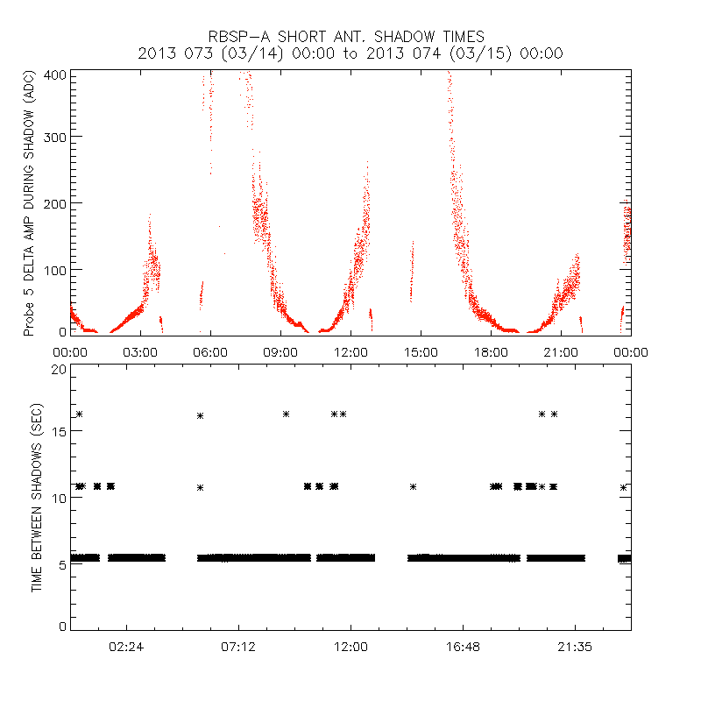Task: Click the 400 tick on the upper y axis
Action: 54,74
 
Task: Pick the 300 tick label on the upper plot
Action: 54,138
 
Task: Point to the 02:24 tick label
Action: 126,646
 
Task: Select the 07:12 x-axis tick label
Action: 238,646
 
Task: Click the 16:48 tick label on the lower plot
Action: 463,646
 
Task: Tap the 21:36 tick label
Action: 575,646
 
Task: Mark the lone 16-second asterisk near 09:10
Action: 286,414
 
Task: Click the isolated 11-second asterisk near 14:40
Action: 413,486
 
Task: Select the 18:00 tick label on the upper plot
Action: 491,351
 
